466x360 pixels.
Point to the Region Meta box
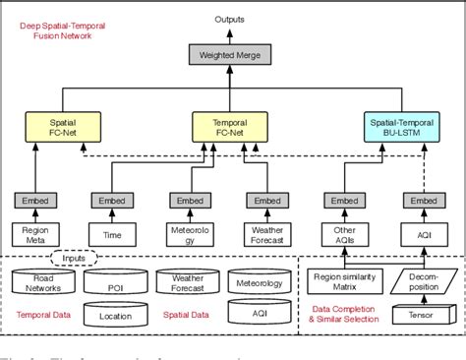pos(34,236)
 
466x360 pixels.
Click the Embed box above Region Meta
pos(34,202)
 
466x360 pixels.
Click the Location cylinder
pos(116,315)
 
